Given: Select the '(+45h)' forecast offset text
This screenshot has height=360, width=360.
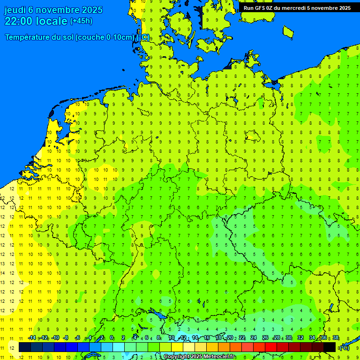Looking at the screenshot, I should coord(81,21).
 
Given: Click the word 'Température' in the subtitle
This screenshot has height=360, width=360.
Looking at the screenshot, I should coord(27,37).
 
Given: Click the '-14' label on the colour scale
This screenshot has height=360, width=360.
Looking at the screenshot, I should coord(32,338).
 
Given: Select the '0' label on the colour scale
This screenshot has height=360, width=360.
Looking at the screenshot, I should coord(112,338).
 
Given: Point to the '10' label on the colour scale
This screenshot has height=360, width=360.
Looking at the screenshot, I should coord(171,338).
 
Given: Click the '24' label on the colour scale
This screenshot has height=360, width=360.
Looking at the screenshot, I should coord(253,338).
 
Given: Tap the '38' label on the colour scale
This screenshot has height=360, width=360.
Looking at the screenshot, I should coord(335,338).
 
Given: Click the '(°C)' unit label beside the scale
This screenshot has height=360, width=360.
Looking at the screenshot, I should coord(345,347).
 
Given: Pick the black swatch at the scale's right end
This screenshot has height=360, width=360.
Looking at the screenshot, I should coord(330,347).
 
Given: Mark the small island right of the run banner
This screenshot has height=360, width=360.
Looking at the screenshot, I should coord(288,32).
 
